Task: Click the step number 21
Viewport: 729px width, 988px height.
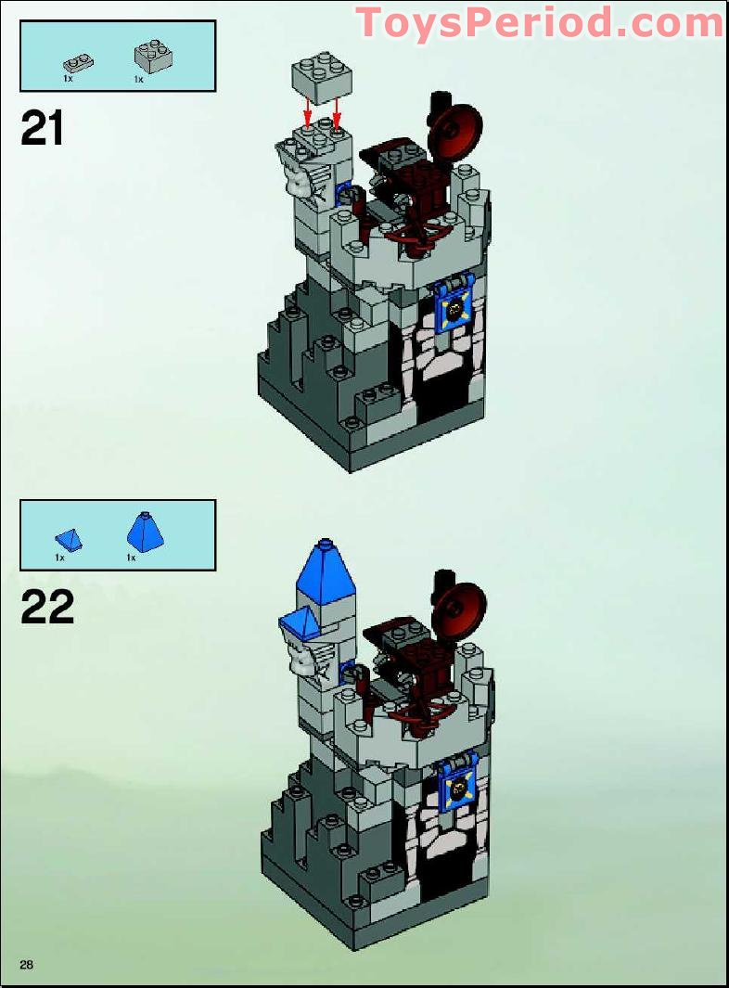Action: click(x=43, y=129)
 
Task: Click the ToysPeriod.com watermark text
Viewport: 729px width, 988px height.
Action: click(x=539, y=22)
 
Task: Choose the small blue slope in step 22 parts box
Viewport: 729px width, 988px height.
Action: click(x=69, y=539)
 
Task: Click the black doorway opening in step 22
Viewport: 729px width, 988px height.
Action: click(x=442, y=864)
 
